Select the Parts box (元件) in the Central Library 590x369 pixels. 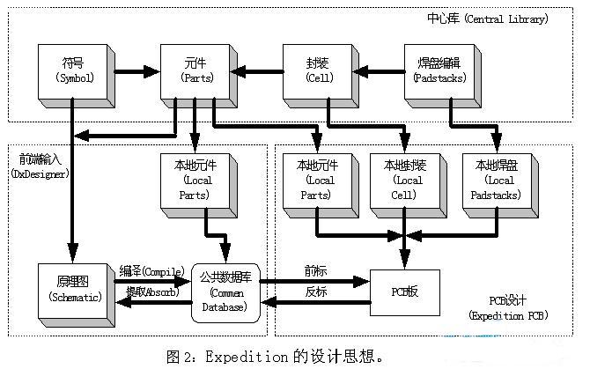point(192,71)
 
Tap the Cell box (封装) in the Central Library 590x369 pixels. point(314,71)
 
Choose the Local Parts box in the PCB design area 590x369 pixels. point(315,184)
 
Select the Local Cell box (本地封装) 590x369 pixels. point(403,184)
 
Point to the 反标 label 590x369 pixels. point(315,291)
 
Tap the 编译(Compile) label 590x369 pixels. point(151,272)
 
